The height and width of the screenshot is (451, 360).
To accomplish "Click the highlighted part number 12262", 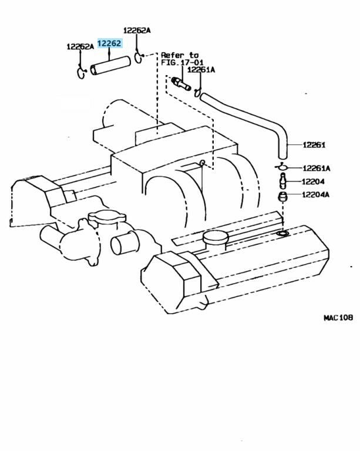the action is click(x=110, y=43).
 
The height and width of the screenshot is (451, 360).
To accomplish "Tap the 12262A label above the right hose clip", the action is click(x=137, y=31).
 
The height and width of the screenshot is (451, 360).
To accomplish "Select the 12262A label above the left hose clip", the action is click(x=80, y=46).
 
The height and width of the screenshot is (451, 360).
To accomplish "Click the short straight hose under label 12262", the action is click(x=110, y=66).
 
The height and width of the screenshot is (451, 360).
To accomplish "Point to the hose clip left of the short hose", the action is click(x=81, y=72).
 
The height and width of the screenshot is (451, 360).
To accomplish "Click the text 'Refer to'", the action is click(x=180, y=55).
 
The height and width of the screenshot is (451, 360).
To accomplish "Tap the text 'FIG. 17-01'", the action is click(x=182, y=62).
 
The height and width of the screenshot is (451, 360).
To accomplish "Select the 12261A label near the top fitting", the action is click(x=201, y=70).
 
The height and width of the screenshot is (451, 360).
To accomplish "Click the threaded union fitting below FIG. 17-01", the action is click(x=181, y=83).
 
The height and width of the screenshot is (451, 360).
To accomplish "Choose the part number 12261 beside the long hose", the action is click(x=314, y=145).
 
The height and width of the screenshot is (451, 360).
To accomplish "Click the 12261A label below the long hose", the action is click(x=317, y=169).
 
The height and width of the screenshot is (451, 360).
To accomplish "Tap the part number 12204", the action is click(x=313, y=181).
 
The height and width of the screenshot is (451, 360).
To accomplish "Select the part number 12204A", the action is click(x=315, y=195).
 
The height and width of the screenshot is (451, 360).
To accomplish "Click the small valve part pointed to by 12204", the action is click(x=283, y=181).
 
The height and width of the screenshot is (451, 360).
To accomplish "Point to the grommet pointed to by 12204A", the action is click(x=282, y=197).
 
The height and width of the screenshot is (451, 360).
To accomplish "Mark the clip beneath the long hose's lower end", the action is click(x=281, y=167).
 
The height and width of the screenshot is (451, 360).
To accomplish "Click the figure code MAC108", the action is click(x=338, y=318).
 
